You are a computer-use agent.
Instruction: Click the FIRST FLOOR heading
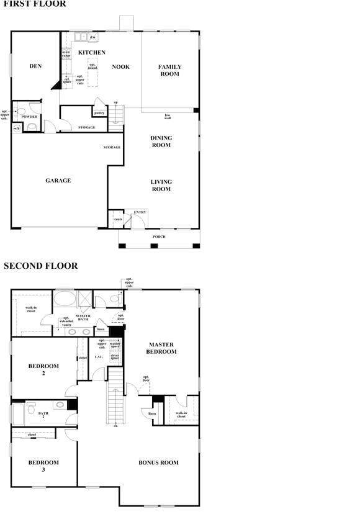pyautogui.click(x=35, y=4)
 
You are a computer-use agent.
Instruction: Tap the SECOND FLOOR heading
pyautogui.click(x=40, y=266)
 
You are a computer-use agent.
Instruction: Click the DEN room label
pyautogui.click(x=35, y=66)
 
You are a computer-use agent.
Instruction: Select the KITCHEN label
pyautogui.click(x=92, y=53)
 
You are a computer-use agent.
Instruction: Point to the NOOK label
pyautogui.click(x=120, y=66)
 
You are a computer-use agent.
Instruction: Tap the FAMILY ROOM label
pyautogui.click(x=169, y=70)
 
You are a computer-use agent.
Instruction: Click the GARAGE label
pyautogui.click(x=58, y=181)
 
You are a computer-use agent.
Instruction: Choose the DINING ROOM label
pyautogui.click(x=161, y=142)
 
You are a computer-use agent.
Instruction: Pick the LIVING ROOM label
pyautogui.click(x=161, y=185)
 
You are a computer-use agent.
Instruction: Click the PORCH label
pyautogui.click(x=160, y=237)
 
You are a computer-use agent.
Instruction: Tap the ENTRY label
pyautogui.click(x=140, y=212)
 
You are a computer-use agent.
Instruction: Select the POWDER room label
pyautogui.click(x=29, y=117)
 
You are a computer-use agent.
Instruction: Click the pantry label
pyautogui.click(x=99, y=113)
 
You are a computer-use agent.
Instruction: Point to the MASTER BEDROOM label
pyautogui.click(x=161, y=348)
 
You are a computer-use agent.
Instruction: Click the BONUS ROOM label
pyautogui.click(x=158, y=462)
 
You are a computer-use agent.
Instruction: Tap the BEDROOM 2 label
pyautogui.click(x=43, y=370)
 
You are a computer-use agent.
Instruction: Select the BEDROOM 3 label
pyautogui.click(x=43, y=466)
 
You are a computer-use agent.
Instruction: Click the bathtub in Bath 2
pyautogui.click(x=19, y=413)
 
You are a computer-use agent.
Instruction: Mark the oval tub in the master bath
pyautogui.click(x=63, y=299)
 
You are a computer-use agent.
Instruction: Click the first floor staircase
pyautogui.click(x=116, y=117)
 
